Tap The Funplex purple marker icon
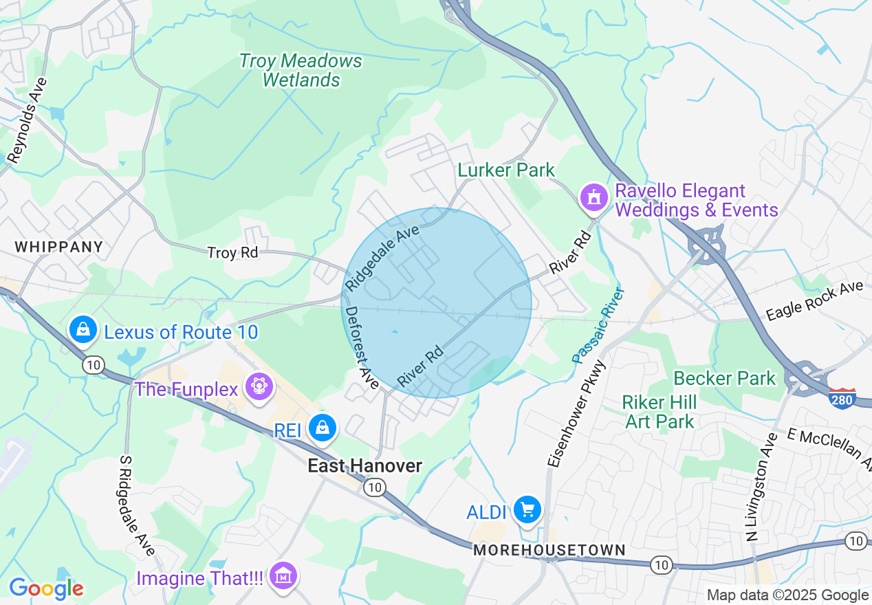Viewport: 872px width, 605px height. (x=259, y=386)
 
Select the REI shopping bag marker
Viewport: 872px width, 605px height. (x=321, y=428)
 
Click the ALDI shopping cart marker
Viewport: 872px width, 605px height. (x=528, y=510)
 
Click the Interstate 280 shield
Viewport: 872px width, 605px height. (x=842, y=399)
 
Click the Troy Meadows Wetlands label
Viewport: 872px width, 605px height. (x=301, y=70)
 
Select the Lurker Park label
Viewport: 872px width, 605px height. (x=506, y=170)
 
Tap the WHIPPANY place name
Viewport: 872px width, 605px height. (x=58, y=247)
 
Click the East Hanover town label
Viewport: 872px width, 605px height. (x=364, y=466)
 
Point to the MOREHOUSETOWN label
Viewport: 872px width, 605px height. (x=549, y=551)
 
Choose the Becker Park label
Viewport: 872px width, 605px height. (x=725, y=378)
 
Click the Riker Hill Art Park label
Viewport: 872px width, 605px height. (x=660, y=411)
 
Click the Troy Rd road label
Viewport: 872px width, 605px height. (x=232, y=253)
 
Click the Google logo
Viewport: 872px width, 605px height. (x=46, y=588)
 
